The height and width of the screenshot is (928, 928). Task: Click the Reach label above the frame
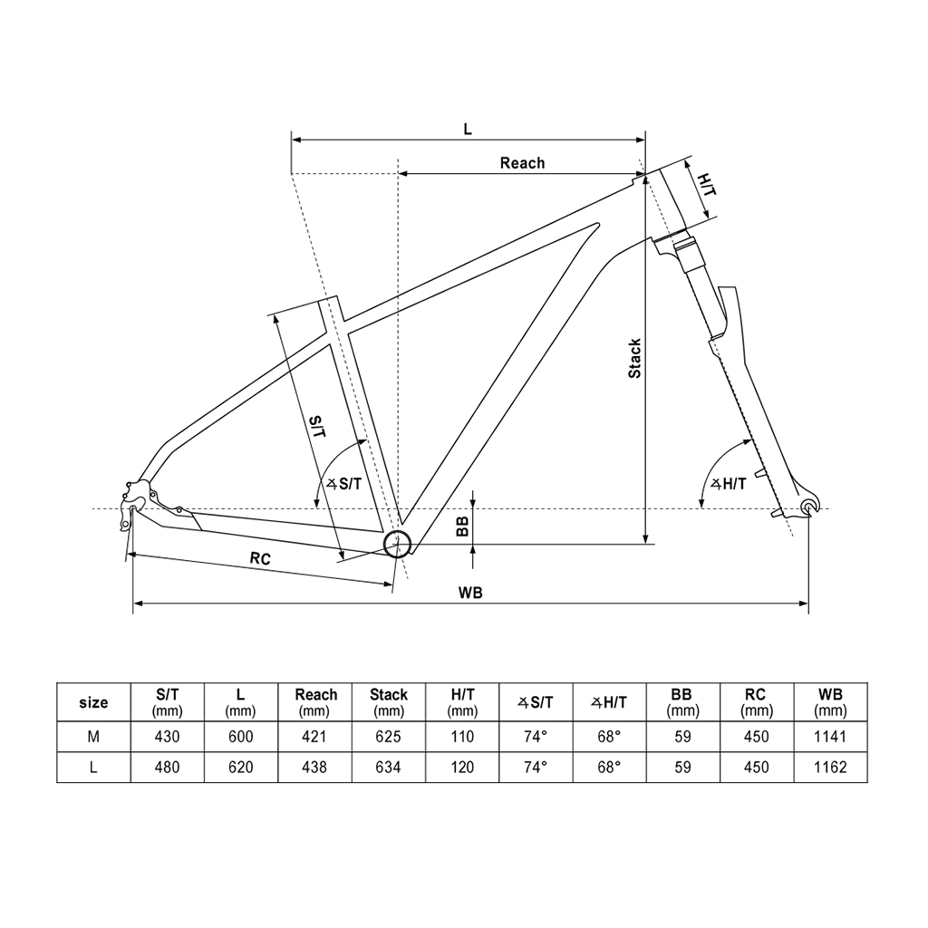click(522, 163)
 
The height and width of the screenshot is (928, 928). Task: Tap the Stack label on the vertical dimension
click(634, 359)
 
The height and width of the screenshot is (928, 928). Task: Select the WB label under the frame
click(470, 593)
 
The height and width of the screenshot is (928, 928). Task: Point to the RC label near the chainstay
click(260, 558)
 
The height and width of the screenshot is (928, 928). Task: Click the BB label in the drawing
click(463, 527)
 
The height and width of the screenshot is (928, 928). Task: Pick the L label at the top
click(468, 129)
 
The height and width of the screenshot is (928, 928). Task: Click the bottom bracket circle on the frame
click(397, 545)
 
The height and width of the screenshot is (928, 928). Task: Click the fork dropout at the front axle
click(808, 506)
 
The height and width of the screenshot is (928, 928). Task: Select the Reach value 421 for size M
click(314, 736)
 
